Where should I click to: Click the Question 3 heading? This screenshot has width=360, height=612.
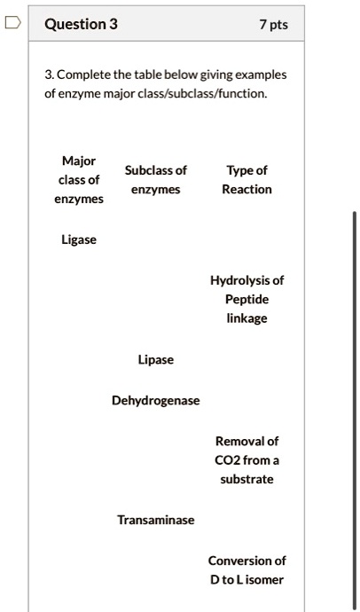[x=81, y=24]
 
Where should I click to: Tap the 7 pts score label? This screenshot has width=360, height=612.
[x=274, y=25]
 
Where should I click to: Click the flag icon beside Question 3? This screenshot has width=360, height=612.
[x=12, y=23]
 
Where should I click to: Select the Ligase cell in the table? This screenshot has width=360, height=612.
[x=79, y=239]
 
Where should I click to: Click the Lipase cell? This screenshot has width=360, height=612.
[x=156, y=359]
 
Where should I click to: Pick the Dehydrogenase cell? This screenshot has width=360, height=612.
[x=156, y=400]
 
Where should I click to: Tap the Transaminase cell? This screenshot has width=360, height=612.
[x=156, y=520]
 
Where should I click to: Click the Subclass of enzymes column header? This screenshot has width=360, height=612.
[x=156, y=180]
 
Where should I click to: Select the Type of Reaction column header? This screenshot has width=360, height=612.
[x=247, y=180]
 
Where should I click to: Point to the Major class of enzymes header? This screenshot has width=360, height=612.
[x=79, y=180]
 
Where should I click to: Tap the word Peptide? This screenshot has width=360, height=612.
[x=247, y=300]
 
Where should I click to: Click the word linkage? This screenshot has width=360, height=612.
[x=247, y=318]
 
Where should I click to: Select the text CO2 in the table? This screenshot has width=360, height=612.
[x=227, y=460]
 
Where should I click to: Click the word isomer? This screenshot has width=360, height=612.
[x=264, y=580]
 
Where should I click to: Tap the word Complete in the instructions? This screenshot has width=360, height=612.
[x=84, y=75]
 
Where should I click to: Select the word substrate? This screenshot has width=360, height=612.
[x=247, y=480]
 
